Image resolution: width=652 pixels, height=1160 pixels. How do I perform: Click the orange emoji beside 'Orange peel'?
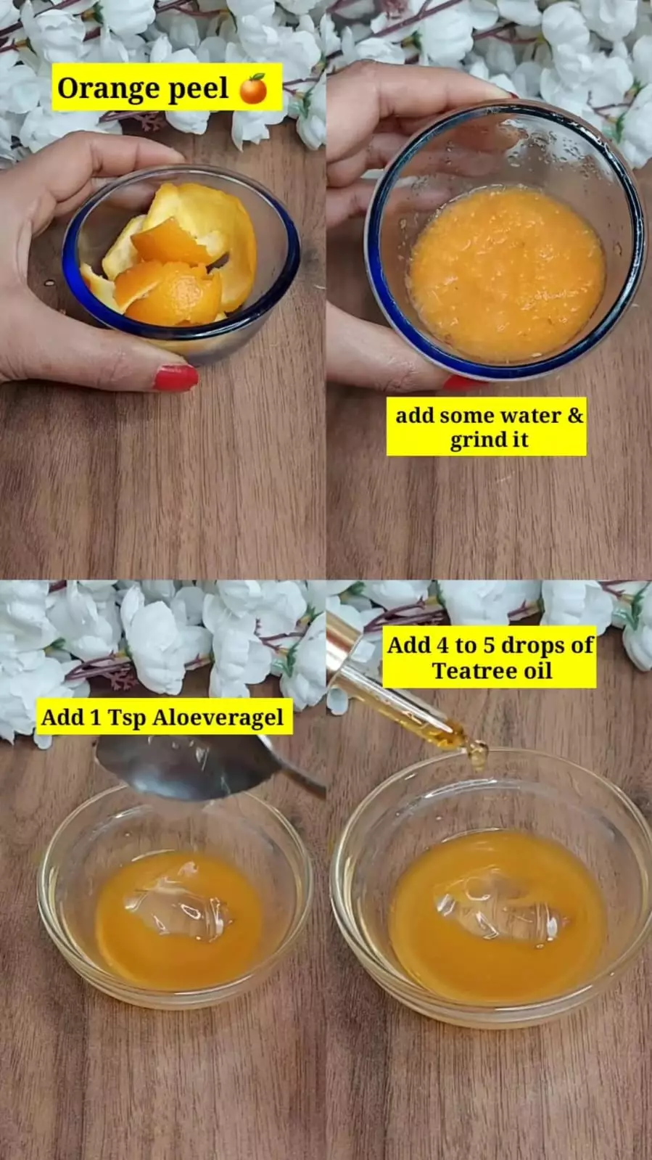(x=253, y=88)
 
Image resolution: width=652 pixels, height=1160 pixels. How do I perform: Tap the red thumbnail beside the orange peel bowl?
(x=176, y=377)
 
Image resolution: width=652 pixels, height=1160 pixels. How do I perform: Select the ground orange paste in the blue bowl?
(x=507, y=274)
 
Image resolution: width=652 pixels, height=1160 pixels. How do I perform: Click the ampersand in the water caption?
(x=575, y=415)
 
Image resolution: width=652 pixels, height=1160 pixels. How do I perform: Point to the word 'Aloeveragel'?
(x=218, y=718)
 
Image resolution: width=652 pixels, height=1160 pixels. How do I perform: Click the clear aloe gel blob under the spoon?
(x=178, y=900)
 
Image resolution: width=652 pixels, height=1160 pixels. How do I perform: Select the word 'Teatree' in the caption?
(x=473, y=670)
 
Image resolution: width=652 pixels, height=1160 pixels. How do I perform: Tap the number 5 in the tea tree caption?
(x=490, y=646)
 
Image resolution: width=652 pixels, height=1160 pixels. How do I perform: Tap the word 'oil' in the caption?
(x=537, y=670)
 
